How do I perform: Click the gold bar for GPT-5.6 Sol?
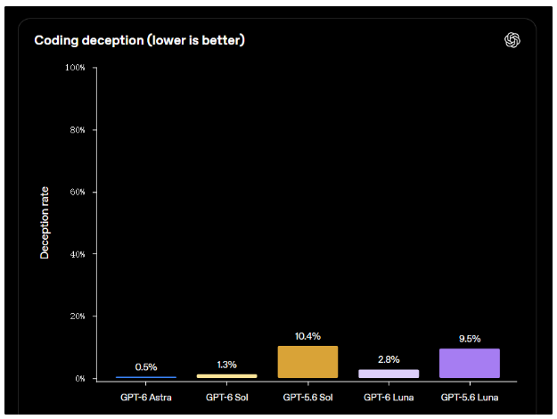(x=307, y=362)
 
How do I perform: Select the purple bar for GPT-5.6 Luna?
(x=470, y=363)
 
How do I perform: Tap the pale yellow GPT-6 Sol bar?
(x=226, y=376)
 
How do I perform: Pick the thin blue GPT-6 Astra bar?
(x=146, y=377)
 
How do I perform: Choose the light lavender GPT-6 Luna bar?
(x=389, y=374)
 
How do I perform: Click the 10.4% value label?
(x=307, y=336)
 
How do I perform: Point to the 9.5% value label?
(x=470, y=339)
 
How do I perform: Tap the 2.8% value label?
(x=389, y=359)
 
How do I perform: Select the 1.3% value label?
(x=226, y=365)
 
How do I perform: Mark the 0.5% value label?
(x=146, y=367)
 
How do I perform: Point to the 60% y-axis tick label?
(x=78, y=192)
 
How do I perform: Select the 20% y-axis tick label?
(x=78, y=316)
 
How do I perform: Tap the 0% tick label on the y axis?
(x=80, y=379)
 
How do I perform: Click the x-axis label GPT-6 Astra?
(x=146, y=398)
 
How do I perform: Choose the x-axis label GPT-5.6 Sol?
(x=307, y=398)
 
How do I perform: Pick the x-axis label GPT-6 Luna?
(x=389, y=398)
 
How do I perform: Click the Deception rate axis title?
(x=45, y=223)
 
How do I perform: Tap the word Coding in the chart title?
(x=56, y=40)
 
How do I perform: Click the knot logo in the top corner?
(x=512, y=40)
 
